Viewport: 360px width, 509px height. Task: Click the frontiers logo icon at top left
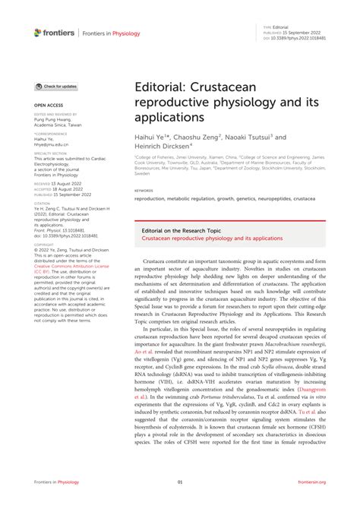(x=38, y=32)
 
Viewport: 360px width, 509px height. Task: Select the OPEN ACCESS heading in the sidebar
(x=48, y=105)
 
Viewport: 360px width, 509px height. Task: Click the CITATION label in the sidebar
(x=43, y=202)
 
